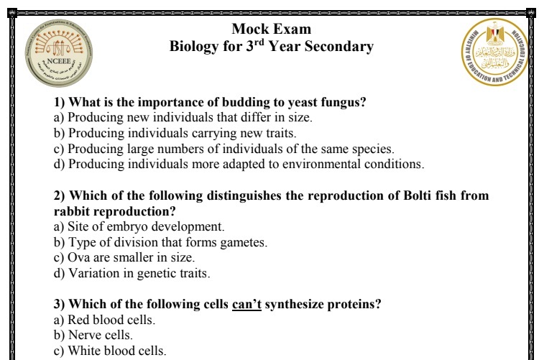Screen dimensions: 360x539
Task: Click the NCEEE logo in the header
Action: (x=58, y=53)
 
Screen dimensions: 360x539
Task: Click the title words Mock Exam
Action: (x=272, y=29)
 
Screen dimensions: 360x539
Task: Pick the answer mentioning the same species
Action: (x=224, y=149)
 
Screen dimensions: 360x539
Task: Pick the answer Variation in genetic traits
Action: (x=132, y=274)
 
